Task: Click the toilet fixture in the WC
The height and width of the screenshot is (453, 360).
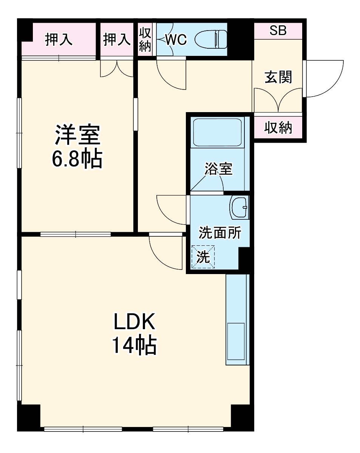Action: click(211, 39)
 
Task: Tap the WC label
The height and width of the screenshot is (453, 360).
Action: click(176, 39)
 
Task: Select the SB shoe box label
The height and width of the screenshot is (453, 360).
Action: click(278, 31)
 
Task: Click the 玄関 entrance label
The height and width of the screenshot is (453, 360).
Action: click(278, 77)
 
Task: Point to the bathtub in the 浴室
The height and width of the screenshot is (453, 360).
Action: click(217, 132)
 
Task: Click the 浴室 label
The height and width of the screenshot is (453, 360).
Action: click(218, 168)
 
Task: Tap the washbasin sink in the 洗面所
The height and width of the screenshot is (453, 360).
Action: click(240, 207)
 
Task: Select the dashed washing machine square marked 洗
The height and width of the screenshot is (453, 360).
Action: click(203, 257)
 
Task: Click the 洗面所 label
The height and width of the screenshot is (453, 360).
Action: click(220, 233)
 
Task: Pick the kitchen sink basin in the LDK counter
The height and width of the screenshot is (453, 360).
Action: click(236, 341)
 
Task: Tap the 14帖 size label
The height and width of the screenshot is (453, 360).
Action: click(134, 346)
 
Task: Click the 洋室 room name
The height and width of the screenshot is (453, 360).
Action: click(77, 134)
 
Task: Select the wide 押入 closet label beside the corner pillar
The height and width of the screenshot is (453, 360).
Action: click(59, 39)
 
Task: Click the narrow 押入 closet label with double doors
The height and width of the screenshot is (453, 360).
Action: click(117, 39)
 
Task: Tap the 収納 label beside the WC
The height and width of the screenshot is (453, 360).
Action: click(145, 39)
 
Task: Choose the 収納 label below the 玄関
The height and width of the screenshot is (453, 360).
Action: click(278, 127)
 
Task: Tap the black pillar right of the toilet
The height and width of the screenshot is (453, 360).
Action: click(241, 39)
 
